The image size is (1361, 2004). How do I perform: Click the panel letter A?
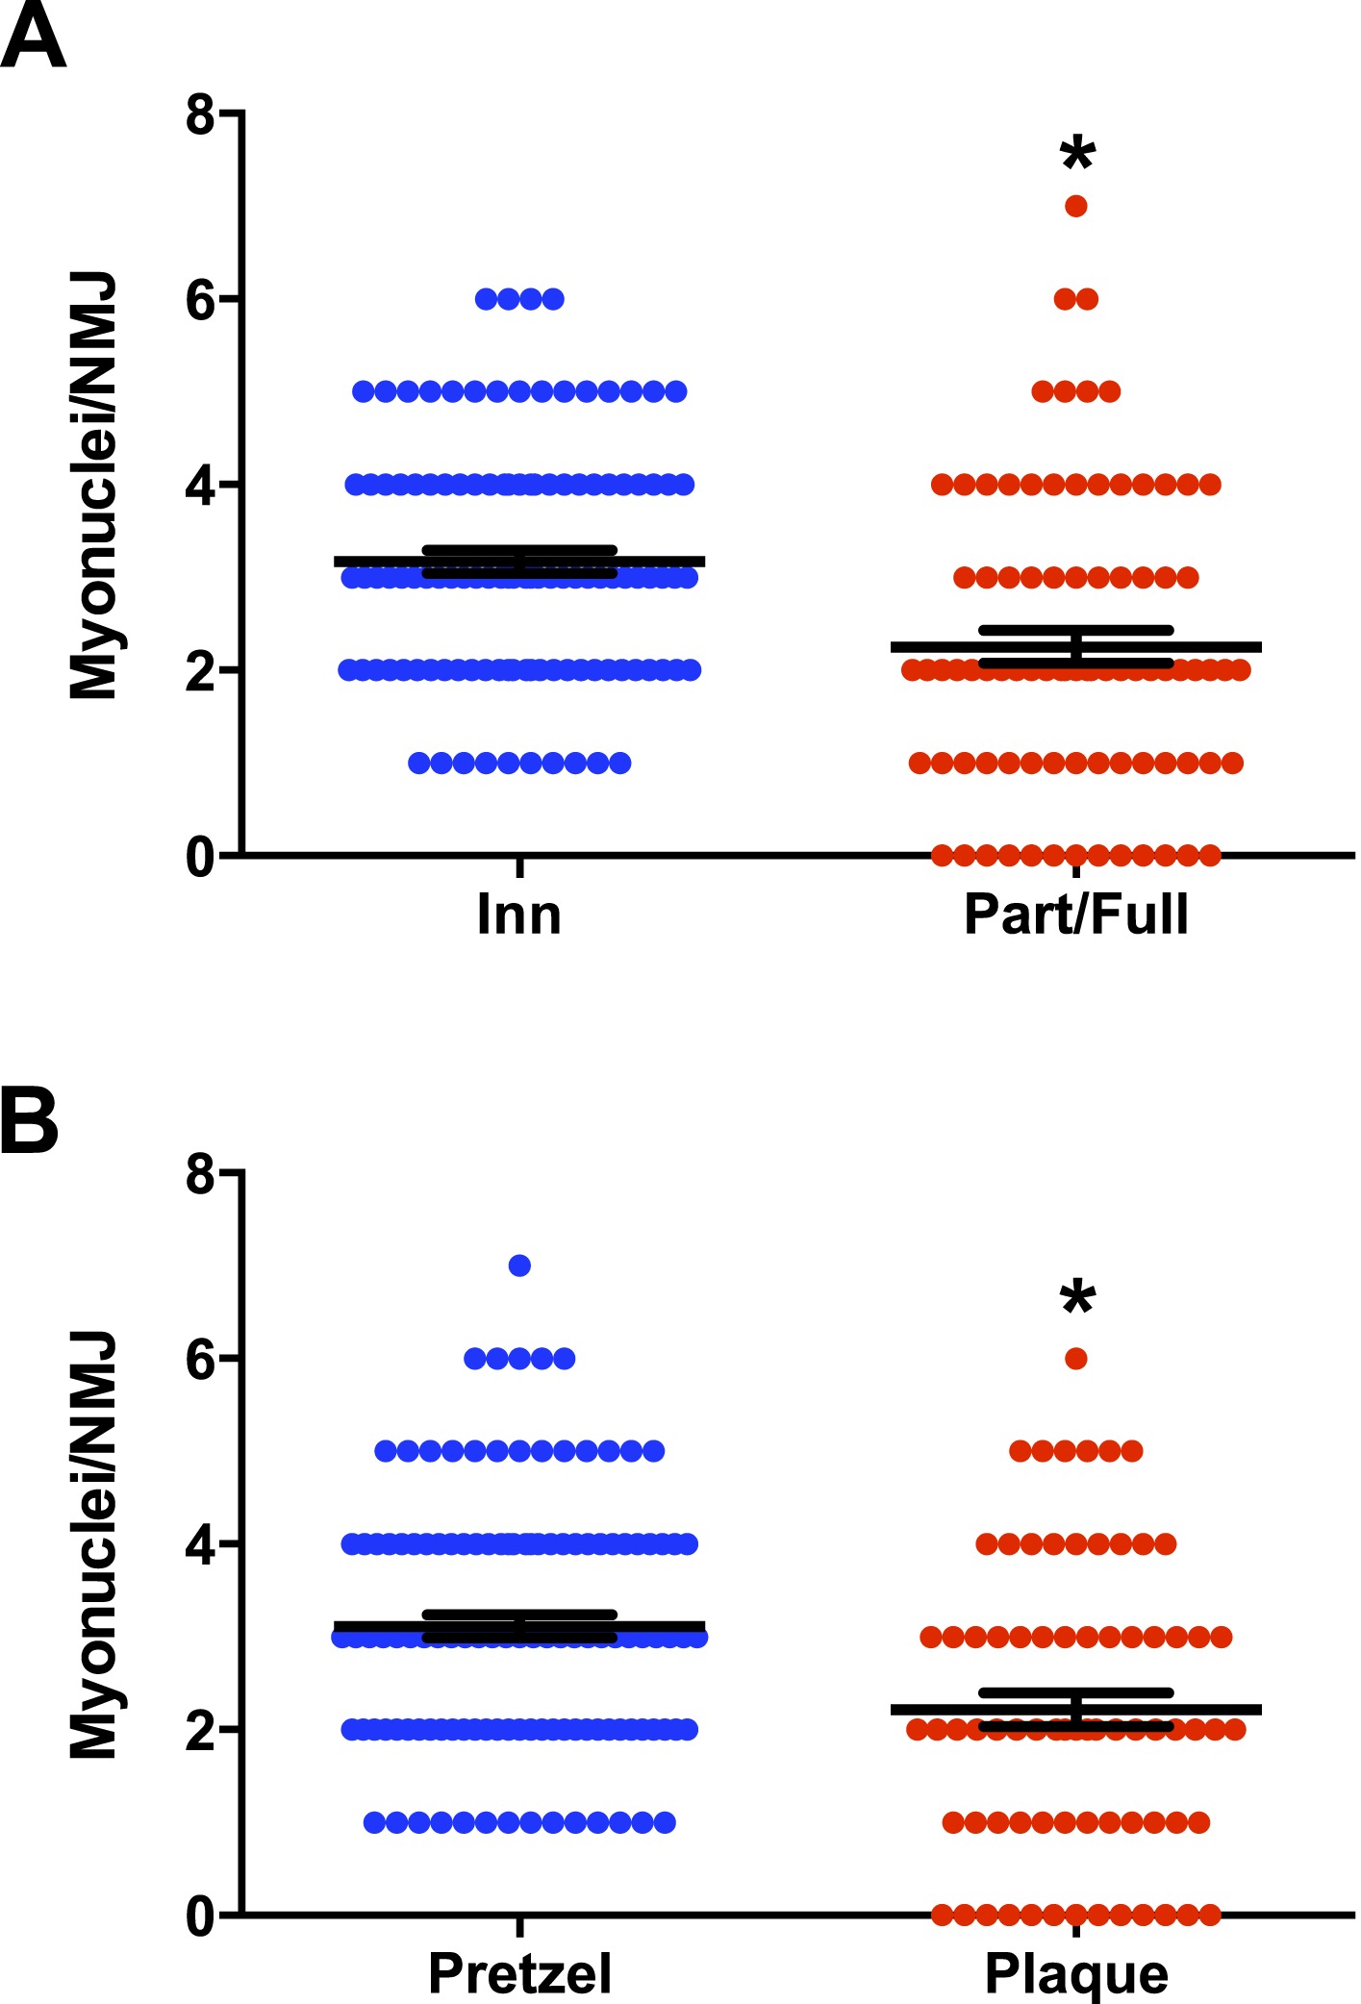coord(33,37)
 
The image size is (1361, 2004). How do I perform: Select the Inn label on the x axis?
coord(518,914)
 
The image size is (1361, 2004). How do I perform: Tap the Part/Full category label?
coord(1076,914)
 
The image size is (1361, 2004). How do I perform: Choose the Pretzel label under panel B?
coord(519,1974)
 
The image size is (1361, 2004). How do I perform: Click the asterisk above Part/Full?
coord(1077,154)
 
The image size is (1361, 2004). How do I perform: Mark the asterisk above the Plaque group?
coord(1077,1298)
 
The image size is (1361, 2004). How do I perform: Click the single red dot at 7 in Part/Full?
coord(1076,206)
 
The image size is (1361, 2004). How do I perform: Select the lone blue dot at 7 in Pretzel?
coord(519,1265)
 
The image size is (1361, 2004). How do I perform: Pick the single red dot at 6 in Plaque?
coord(1076,1359)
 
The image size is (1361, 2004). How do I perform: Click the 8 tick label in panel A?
coord(200,115)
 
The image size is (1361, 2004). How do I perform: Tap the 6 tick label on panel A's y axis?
coord(200,301)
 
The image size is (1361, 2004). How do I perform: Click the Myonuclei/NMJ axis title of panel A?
coord(93,486)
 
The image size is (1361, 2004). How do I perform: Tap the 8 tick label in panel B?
coord(200,1174)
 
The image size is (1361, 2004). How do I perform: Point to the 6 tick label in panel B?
coord(200,1360)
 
